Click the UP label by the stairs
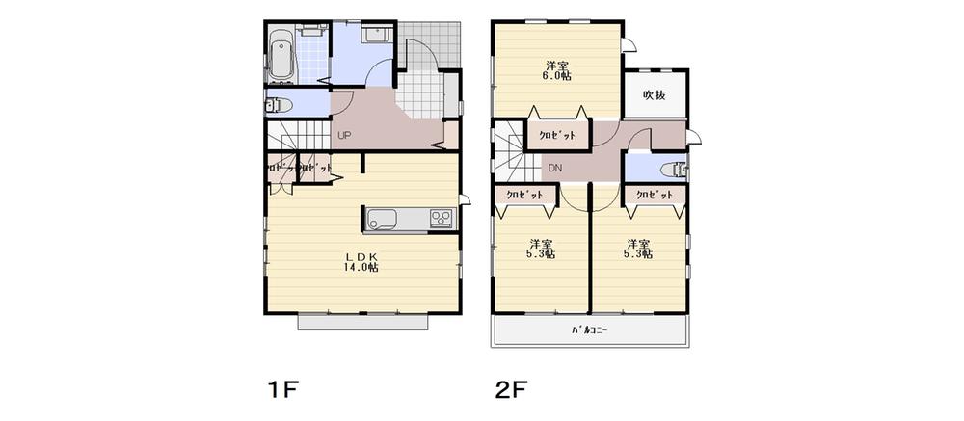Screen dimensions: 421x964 [343, 135]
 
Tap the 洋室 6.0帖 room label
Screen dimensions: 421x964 [555, 71]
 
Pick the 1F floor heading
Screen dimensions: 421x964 [285, 390]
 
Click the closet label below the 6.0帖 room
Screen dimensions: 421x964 [556, 136]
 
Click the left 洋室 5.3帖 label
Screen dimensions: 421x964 [541, 250]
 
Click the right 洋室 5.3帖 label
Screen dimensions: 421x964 [637, 250]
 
